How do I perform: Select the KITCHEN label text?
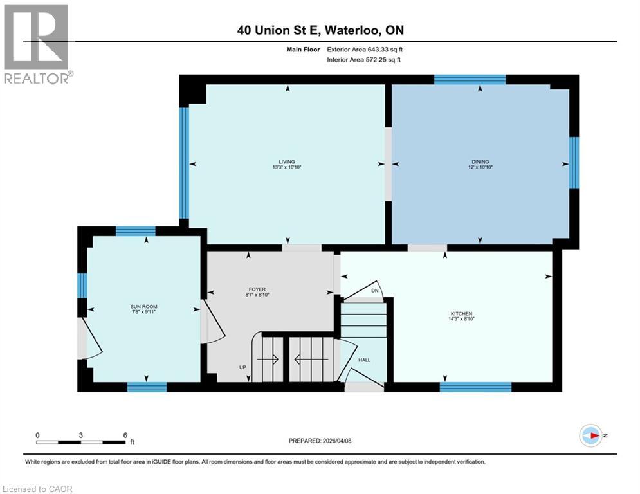pos(461,313)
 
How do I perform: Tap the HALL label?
pos(364,361)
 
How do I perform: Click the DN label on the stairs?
pos(376,291)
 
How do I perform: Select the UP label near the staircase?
pos(242,367)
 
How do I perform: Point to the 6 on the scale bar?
pos(124,435)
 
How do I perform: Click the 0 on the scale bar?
pos(38,435)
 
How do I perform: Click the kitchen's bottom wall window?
pos(475,387)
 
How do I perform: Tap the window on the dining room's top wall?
pos(470,80)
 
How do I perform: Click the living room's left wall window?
pos(183,163)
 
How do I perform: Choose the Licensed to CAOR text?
pos(37,489)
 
